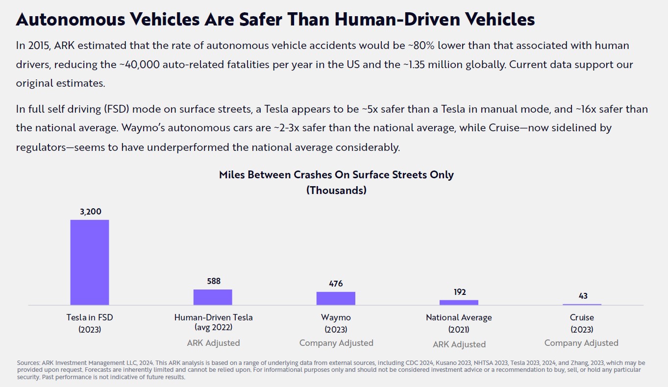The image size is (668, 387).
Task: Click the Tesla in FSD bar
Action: point(90,262)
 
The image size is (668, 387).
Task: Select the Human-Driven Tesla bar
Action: point(213,297)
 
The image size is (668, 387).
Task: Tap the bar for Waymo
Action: point(336,298)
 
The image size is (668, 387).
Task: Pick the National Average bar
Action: point(459,303)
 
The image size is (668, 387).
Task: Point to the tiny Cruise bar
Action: point(582,305)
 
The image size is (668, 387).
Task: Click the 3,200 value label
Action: point(91,212)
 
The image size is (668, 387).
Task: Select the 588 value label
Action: point(214,281)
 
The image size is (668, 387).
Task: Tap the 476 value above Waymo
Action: point(336,284)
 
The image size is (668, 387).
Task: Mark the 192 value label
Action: point(459,292)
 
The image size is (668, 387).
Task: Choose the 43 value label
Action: point(583,296)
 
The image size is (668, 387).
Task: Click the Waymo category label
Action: point(336,317)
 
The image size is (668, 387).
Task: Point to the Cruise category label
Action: point(582,317)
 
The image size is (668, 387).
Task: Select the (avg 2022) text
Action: point(213,327)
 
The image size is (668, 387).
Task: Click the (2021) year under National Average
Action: point(459,330)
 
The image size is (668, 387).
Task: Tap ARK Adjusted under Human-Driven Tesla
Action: point(213,343)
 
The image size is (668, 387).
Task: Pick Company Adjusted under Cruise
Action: point(581,343)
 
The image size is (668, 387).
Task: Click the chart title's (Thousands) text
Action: point(336,190)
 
